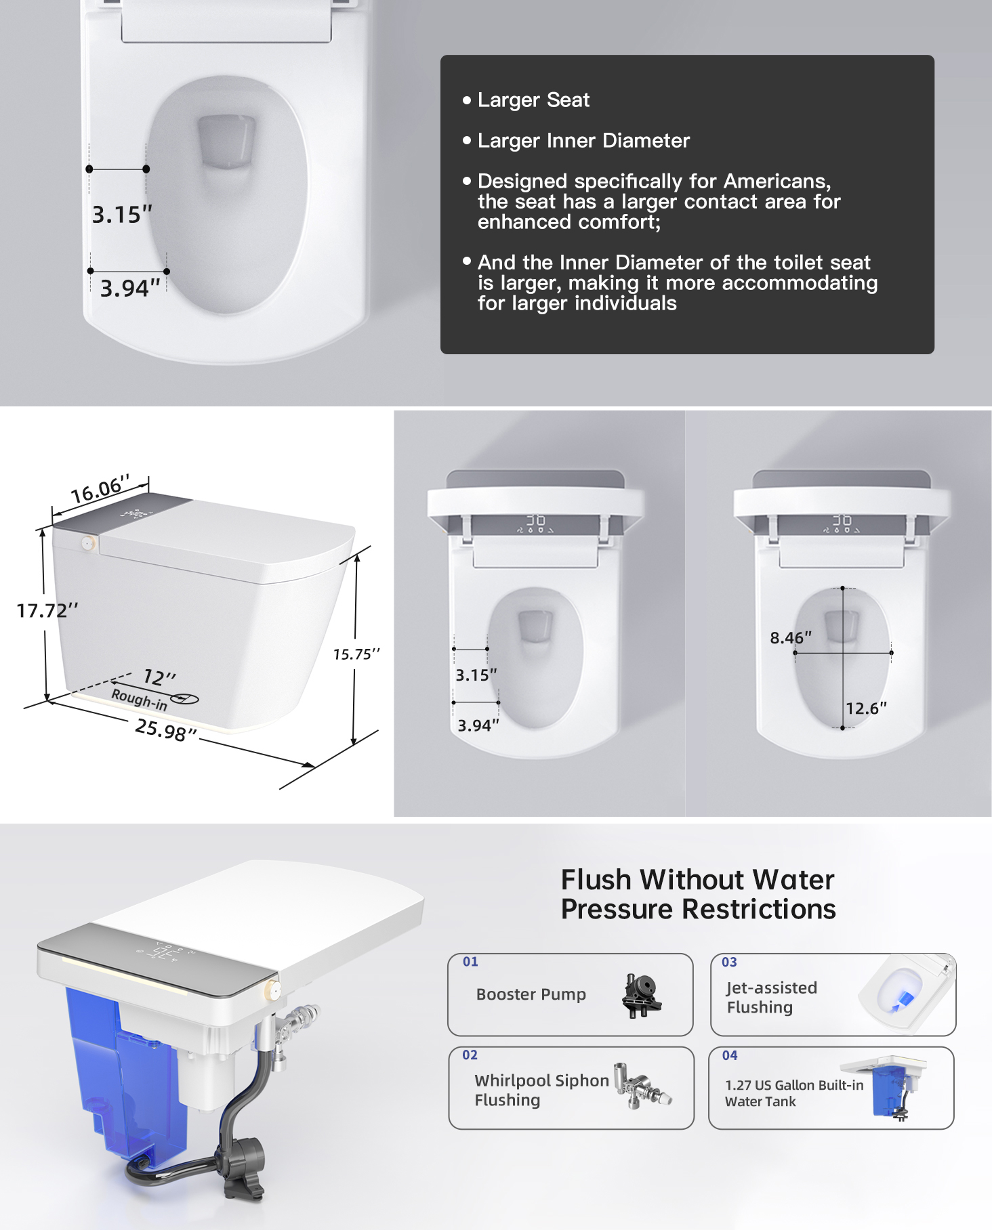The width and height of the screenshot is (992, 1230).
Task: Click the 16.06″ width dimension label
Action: (100, 489)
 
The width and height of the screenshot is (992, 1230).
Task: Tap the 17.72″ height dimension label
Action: (47, 610)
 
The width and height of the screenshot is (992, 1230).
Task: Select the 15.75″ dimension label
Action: (356, 654)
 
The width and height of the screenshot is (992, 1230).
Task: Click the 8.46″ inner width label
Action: (791, 637)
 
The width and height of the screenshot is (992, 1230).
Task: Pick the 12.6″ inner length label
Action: (866, 708)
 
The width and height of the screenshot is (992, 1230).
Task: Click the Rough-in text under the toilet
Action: (139, 700)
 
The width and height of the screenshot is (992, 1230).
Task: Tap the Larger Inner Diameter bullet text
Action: (583, 140)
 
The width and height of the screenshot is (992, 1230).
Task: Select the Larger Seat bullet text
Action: (533, 100)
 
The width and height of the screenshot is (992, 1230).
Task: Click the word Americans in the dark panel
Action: (777, 181)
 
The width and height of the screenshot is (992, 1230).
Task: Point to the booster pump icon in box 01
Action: (641, 995)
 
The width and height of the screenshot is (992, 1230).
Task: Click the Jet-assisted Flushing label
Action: (772, 997)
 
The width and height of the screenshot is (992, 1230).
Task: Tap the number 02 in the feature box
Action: (470, 1055)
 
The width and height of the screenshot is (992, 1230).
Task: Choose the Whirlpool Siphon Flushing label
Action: (541, 1090)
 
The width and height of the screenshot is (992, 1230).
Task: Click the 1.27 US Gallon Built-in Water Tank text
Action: (794, 1093)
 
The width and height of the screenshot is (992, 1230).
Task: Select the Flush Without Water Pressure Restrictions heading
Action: (698, 894)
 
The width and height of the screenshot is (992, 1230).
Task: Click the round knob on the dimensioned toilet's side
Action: (87, 543)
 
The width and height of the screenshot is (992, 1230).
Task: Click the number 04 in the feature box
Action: (729, 1055)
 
